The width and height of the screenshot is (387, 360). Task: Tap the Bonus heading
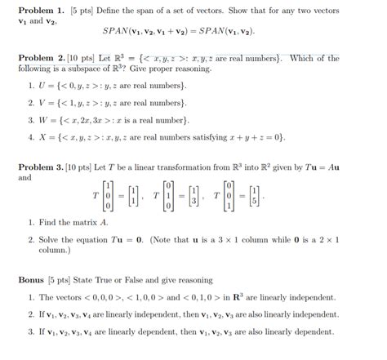pos(33,279)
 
